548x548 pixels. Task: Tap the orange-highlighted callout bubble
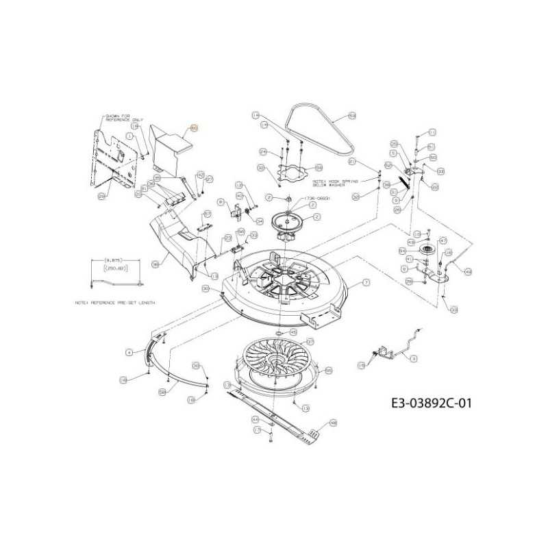click(x=193, y=128)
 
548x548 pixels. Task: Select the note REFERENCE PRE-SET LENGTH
click(x=114, y=302)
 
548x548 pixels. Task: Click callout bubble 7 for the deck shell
click(x=366, y=282)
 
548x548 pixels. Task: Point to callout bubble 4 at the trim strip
click(x=128, y=351)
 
